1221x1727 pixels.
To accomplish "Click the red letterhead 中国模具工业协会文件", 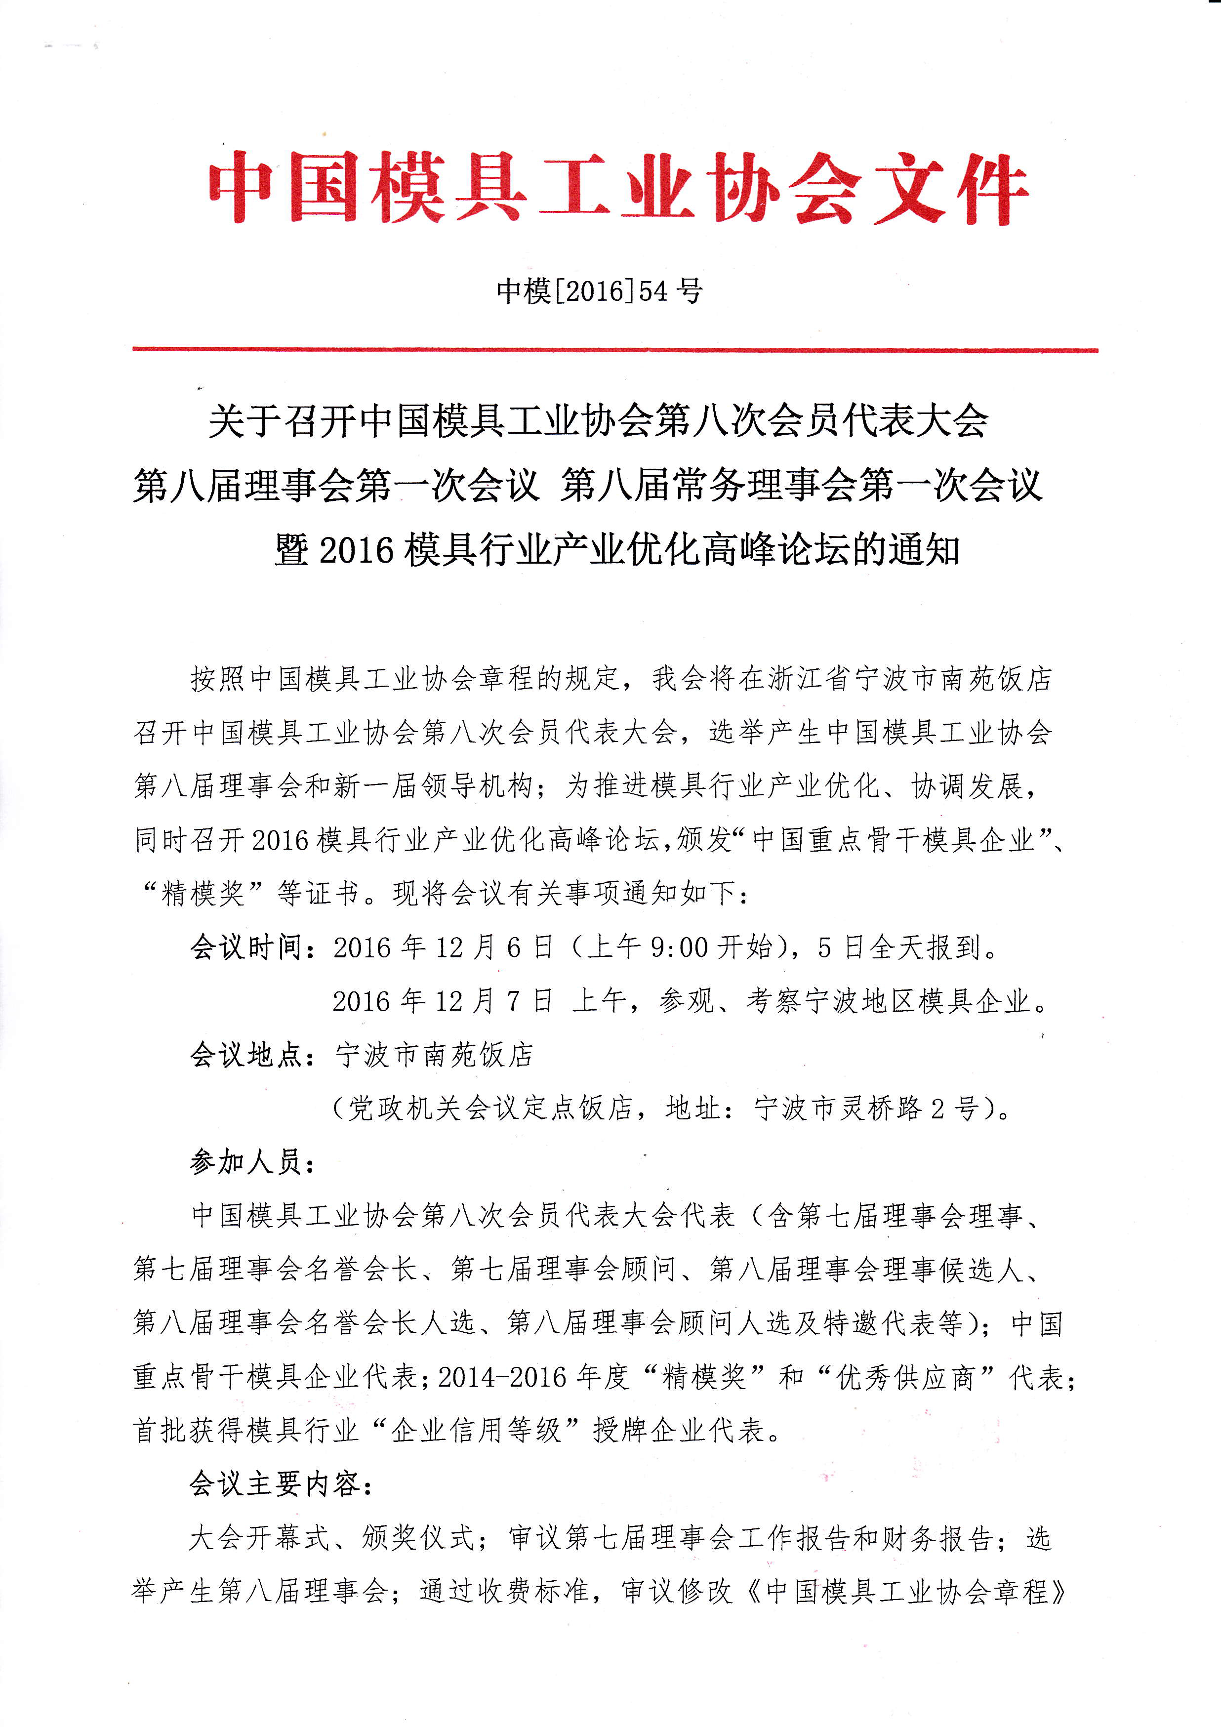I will tap(617, 188).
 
